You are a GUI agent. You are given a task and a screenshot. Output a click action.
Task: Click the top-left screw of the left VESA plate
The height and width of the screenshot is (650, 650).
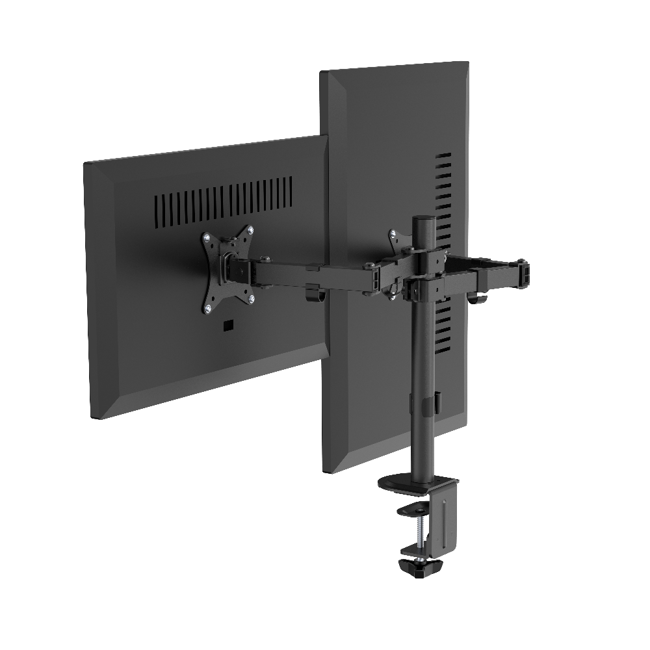pos(207,238)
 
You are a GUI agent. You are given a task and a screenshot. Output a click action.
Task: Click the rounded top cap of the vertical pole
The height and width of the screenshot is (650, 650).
pos(422,220)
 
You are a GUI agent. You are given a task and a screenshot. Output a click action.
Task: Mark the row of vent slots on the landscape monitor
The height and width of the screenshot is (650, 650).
pos(223,198)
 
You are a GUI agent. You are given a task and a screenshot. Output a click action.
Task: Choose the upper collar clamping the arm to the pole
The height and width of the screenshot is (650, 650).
pos(422,258)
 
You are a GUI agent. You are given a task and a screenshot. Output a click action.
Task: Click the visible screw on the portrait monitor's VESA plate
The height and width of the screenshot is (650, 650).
pos(393,233)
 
